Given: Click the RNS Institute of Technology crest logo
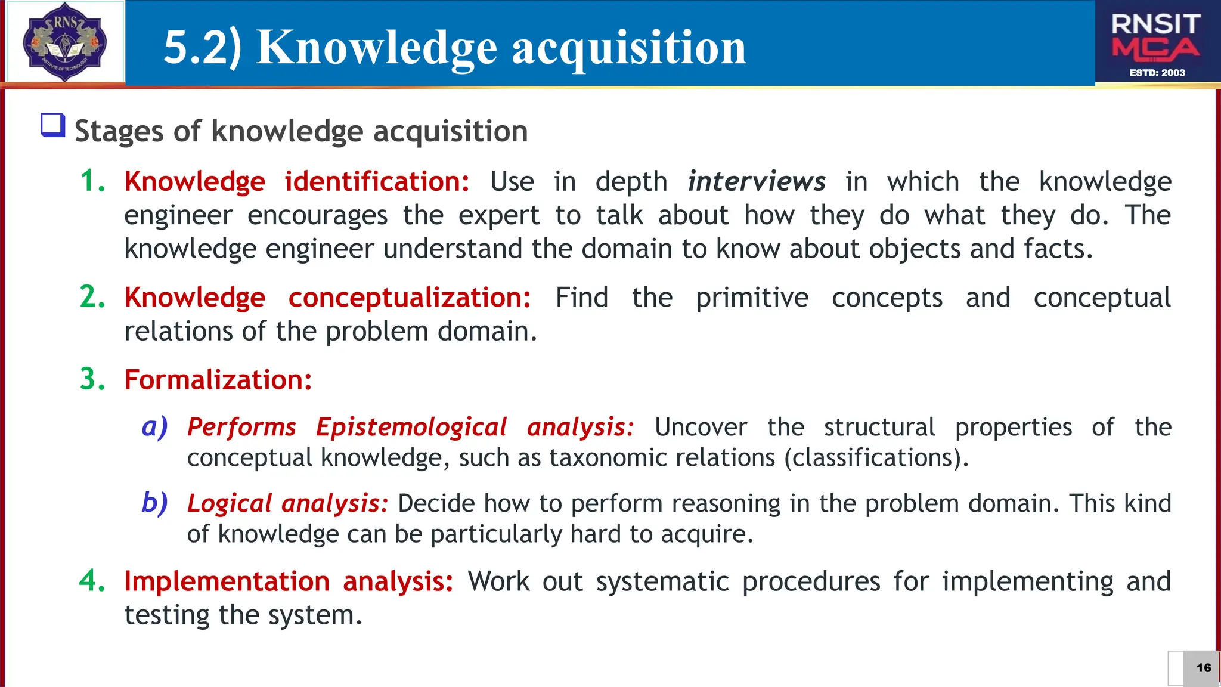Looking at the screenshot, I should pyautogui.click(x=64, y=42).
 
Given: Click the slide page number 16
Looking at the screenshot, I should pyautogui.click(x=1203, y=668).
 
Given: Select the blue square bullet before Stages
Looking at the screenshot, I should pyautogui.click(x=52, y=125).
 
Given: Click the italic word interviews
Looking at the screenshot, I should pyautogui.click(x=756, y=181).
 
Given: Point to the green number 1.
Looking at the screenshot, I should pyautogui.click(x=92, y=181).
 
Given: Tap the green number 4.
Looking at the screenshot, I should pyautogui.click(x=92, y=581).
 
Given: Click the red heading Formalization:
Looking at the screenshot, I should pyautogui.click(x=218, y=380).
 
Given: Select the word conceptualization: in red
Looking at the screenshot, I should pyautogui.click(x=410, y=298).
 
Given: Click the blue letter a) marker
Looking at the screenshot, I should pyautogui.click(x=154, y=427).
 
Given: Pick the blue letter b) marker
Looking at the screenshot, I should pyautogui.click(x=154, y=503).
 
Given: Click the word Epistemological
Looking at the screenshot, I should pyautogui.click(x=411, y=427).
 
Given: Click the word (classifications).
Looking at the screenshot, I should pyautogui.click(x=876, y=458).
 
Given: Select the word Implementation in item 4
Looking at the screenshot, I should pyautogui.click(x=227, y=581).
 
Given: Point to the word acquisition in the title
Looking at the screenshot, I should pyautogui.click(x=628, y=48).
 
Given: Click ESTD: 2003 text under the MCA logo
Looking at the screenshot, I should pyautogui.click(x=1157, y=73).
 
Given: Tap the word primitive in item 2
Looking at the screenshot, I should pyautogui.click(x=752, y=298).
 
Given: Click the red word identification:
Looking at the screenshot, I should pyautogui.click(x=377, y=181).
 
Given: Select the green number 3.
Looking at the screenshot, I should pyautogui.click(x=92, y=380).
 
